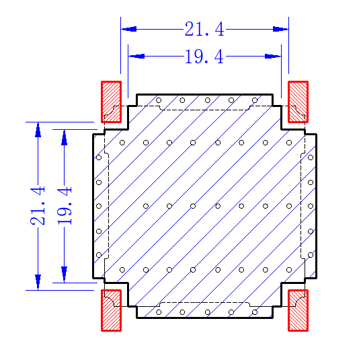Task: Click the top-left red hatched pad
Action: [111, 102]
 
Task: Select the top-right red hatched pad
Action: [298, 102]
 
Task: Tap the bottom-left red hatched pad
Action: [111, 310]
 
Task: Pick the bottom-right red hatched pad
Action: [298, 310]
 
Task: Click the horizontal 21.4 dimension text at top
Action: [204, 29]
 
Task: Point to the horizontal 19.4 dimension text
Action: [204, 57]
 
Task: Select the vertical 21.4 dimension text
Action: [38, 206]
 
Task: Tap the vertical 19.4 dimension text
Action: [65, 206]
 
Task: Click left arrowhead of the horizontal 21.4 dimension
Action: [129, 29]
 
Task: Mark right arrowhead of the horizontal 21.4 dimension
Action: [280, 29]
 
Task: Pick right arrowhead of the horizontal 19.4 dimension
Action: [273, 57]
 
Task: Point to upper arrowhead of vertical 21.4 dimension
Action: [38, 130]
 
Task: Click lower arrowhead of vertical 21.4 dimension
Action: [38, 282]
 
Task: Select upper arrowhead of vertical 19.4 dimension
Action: [65, 138]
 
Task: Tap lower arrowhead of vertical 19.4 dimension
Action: [65, 275]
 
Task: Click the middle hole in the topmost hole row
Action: [208, 100]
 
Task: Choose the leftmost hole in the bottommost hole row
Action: [159, 312]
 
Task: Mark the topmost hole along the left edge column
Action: [99, 157]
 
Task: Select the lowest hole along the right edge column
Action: [311, 255]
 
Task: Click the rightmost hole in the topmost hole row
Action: [255, 100]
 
